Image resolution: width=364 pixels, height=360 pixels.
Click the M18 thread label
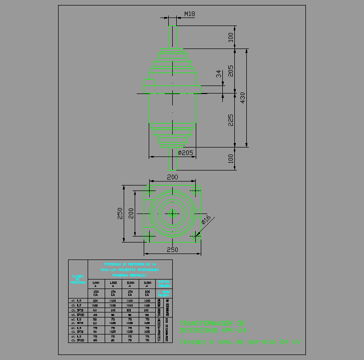[x=189, y=14]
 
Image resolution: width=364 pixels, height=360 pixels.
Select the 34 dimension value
[x=218, y=73]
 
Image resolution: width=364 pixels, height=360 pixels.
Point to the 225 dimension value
[x=231, y=119]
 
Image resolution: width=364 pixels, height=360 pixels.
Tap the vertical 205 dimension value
[x=231, y=70]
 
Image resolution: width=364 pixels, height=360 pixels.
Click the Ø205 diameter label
[x=185, y=152]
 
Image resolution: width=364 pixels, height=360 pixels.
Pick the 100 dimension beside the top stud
[x=231, y=37]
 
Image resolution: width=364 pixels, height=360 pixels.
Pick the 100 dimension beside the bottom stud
[x=231, y=159]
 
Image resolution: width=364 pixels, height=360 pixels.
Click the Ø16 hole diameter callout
[x=206, y=220]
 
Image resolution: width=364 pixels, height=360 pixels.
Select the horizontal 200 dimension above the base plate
[x=172, y=177]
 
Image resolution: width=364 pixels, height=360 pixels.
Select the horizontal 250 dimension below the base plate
[x=172, y=249]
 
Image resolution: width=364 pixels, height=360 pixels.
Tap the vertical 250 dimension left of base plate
[x=120, y=213]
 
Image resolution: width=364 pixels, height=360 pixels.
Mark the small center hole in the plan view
[x=172, y=213]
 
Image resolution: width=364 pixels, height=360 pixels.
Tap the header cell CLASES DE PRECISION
[x=78, y=279]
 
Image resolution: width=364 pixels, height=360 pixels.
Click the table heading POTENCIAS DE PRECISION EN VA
[x=130, y=264]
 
